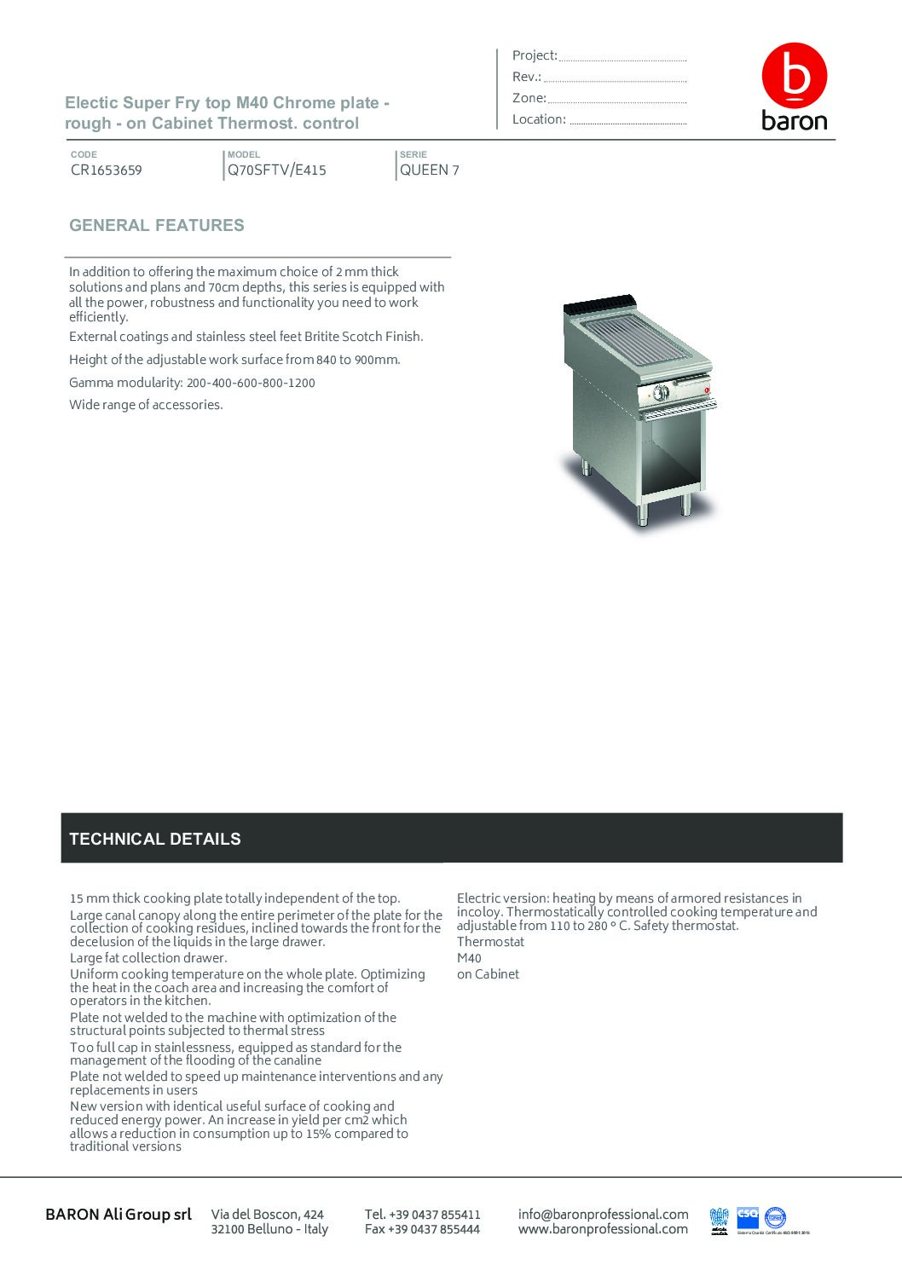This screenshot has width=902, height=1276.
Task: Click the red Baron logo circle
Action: click(x=794, y=77)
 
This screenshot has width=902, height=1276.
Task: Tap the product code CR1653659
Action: click(x=107, y=170)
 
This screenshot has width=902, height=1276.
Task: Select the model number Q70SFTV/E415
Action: click(x=277, y=170)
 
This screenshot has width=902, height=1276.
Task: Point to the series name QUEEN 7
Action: click(x=430, y=170)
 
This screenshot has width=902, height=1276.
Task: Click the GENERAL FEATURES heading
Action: click(x=157, y=226)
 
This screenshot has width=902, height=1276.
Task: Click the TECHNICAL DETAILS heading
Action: click(x=155, y=839)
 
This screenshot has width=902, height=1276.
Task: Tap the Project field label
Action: click(x=535, y=55)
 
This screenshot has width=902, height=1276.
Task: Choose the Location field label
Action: click(x=539, y=119)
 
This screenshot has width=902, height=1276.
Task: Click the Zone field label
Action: click(x=529, y=98)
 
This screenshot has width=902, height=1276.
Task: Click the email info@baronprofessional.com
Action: click(x=603, y=1214)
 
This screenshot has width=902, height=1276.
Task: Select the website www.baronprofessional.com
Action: click(x=603, y=1229)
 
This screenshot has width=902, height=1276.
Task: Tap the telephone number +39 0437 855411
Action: click(x=422, y=1214)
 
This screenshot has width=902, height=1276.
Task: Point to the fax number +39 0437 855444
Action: click(x=422, y=1229)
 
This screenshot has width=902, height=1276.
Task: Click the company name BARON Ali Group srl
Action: click(x=119, y=1214)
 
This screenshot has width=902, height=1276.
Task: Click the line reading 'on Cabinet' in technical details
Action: click(x=488, y=974)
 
